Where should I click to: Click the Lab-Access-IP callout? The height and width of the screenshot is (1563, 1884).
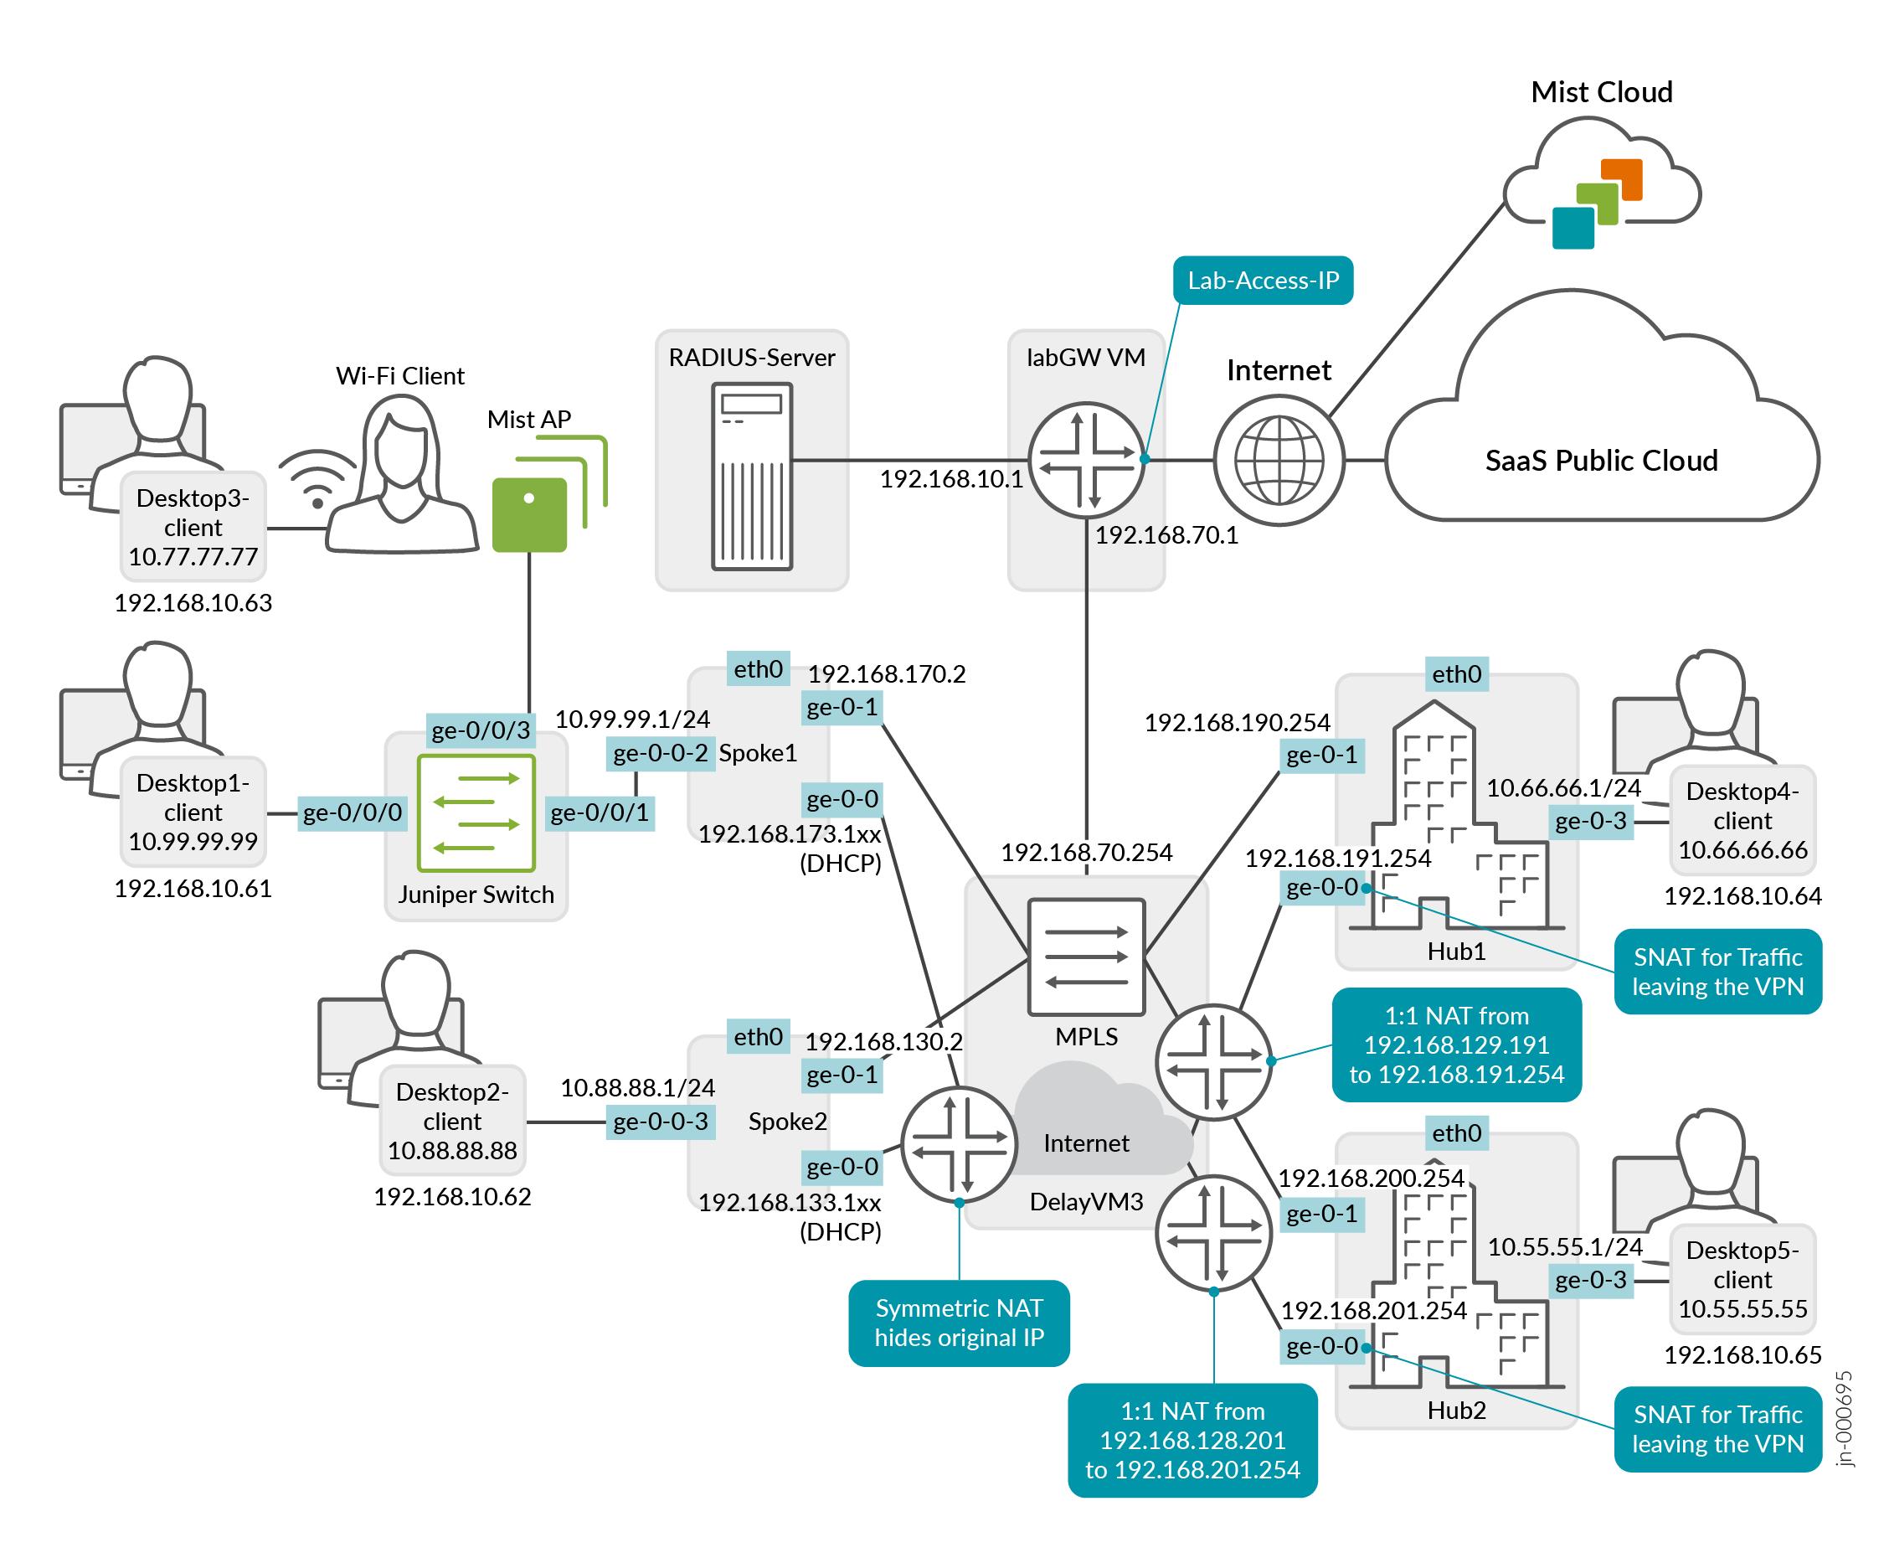click(x=1263, y=281)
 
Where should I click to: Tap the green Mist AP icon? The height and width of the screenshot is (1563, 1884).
click(x=529, y=513)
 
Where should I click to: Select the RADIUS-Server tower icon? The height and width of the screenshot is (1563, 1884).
click(x=752, y=477)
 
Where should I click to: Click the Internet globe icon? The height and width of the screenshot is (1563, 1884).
click(x=1279, y=461)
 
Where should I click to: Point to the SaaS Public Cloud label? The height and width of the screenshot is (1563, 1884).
click(x=1600, y=461)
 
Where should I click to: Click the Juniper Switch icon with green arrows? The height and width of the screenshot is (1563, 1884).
click(x=476, y=812)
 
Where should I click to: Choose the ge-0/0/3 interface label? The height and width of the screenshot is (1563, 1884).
click(x=481, y=730)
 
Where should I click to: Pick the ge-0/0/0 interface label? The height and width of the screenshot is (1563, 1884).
click(x=353, y=812)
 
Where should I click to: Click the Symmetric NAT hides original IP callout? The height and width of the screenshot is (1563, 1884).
click(x=959, y=1323)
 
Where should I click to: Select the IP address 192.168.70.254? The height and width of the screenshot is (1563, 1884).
click(x=1087, y=853)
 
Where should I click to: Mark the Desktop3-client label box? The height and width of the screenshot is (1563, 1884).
click(x=193, y=527)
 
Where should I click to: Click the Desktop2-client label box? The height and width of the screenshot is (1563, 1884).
click(x=452, y=1121)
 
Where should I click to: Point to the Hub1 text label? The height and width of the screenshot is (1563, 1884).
click(x=1456, y=951)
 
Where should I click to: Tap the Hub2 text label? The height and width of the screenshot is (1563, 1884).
click(x=1456, y=1411)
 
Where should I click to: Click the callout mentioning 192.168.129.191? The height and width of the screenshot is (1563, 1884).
click(x=1456, y=1045)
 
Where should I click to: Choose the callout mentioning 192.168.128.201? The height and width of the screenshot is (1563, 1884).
click(x=1192, y=1440)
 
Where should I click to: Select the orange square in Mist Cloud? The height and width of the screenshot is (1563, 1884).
click(x=1621, y=178)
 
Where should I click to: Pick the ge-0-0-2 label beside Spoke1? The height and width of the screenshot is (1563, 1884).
click(x=661, y=754)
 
